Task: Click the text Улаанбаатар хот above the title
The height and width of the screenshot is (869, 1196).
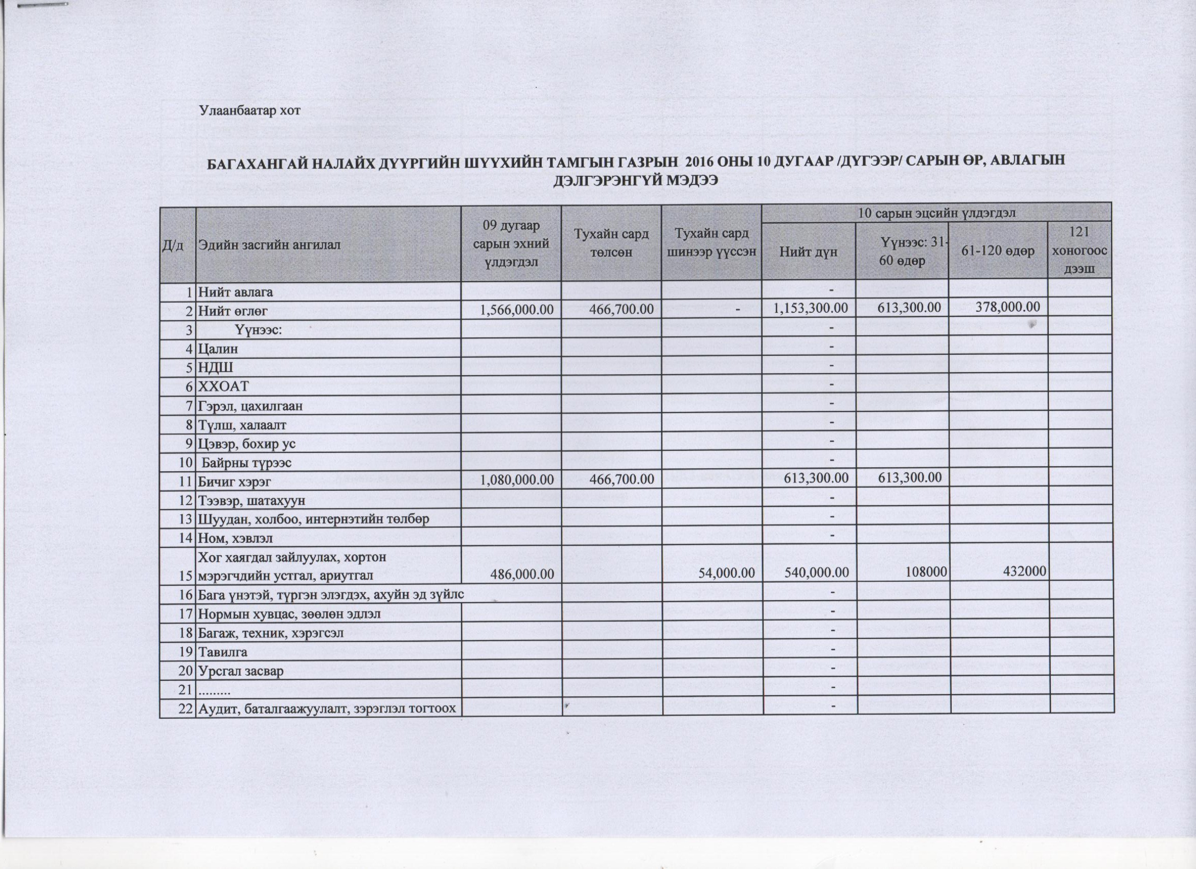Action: pos(249,111)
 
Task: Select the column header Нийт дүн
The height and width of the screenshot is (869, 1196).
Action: pos(809,252)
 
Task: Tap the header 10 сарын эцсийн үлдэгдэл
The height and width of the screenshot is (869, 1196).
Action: pos(936,213)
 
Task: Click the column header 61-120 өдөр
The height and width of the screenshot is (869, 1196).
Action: pos(997,251)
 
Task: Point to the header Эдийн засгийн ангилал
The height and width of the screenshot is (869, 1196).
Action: pos(269,245)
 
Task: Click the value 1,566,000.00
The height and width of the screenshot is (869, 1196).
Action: pos(516,309)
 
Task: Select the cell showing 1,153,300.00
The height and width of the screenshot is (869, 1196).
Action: pos(811,308)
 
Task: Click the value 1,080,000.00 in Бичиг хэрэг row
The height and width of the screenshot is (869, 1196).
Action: pos(516,479)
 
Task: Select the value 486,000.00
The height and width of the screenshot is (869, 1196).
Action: pos(522,574)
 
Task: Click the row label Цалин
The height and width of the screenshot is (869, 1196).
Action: pos(218,349)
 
